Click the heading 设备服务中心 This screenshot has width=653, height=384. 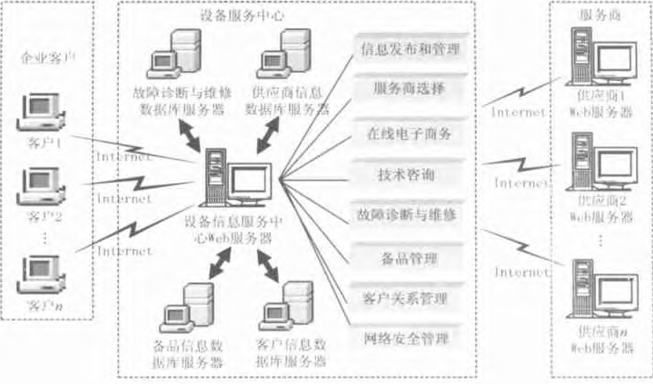pyautogui.click(x=242, y=16)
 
